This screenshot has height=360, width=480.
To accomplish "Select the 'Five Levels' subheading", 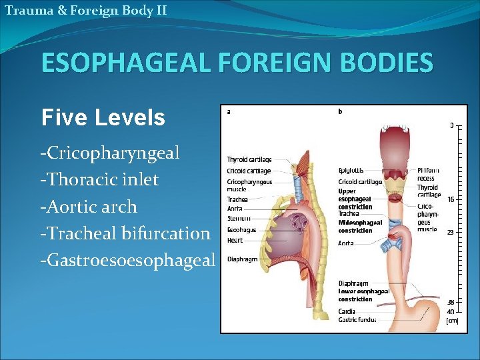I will (x=103, y=118).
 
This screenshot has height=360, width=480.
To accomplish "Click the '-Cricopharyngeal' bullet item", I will (x=110, y=153).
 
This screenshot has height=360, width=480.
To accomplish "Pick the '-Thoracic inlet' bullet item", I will (x=99, y=180).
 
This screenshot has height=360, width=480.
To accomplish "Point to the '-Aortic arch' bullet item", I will (x=89, y=207).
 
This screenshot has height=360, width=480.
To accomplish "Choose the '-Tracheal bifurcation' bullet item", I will (x=125, y=233).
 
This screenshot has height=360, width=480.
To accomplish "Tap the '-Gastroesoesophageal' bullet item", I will (x=128, y=260).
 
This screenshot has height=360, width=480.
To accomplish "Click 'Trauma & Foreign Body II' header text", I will (x=85, y=10).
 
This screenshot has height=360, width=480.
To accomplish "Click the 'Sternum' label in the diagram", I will (x=239, y=218).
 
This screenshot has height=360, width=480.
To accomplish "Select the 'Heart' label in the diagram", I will (x=235, y=239).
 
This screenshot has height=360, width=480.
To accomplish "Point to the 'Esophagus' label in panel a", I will (x=241, y=229).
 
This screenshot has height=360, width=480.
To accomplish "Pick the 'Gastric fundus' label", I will (x=357, y=319).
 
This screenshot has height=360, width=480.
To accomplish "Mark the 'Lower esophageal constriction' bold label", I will (x=363, y=295).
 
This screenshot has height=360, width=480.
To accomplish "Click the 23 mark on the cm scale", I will (x=451, y=233).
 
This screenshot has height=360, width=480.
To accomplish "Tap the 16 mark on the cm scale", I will (x=451, y=199).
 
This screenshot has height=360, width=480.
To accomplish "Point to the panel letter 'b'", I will (x=341, y=112).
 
